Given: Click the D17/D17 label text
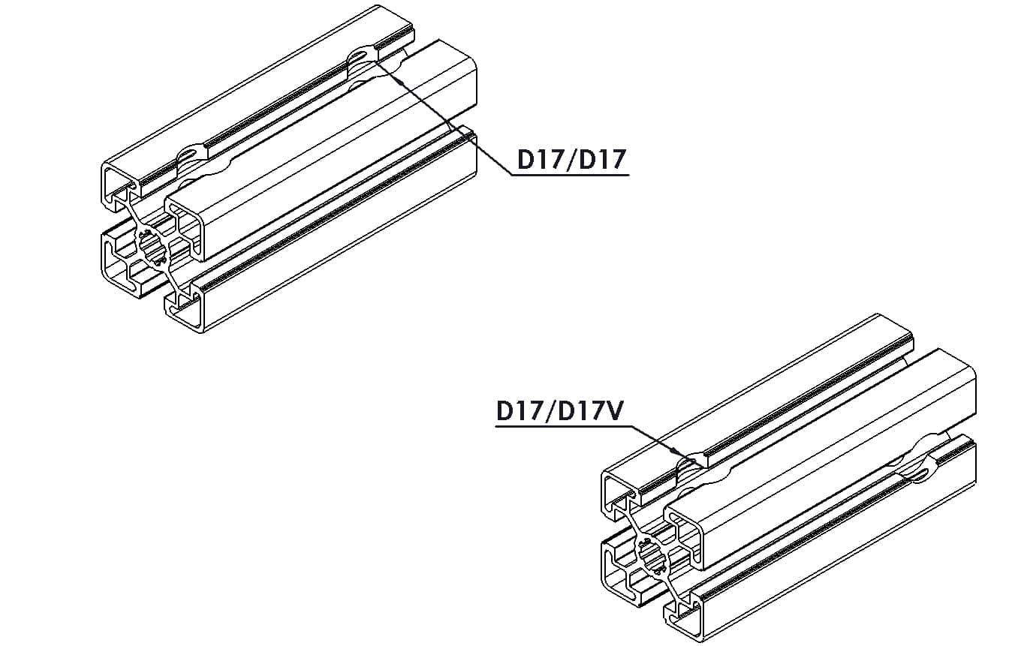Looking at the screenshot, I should coord(571,159).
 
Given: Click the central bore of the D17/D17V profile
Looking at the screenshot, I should coord(652,555).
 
